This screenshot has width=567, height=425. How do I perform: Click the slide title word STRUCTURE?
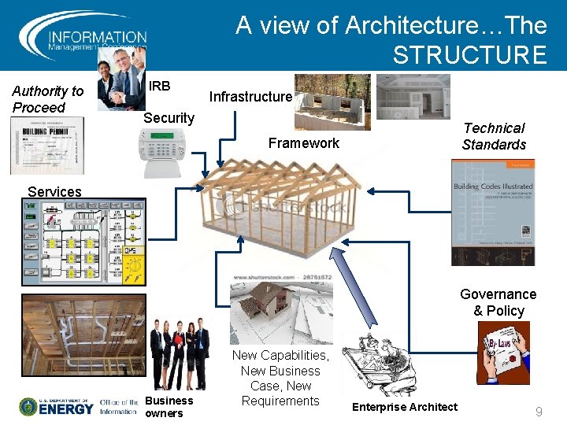(x=469, y=55)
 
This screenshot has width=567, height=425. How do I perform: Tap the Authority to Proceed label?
(x=47, y=99)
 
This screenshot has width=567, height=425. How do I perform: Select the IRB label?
(x=160, y=85)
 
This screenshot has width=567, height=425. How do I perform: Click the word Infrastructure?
(x=250, y=97)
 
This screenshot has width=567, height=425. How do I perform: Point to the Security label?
(x=169, y=118)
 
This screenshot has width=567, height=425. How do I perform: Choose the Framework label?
(x=303, y=142)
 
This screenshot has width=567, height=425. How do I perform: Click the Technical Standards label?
(x=494, y=136)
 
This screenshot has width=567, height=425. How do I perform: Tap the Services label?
(x=54, y=191)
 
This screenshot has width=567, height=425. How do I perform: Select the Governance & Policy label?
(x=498, y=302)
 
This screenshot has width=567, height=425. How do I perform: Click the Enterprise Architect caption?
(x=404, y=407)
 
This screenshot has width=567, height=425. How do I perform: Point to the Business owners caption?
(x=169, y=406)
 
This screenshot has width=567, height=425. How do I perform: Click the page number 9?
(x=539, y=412)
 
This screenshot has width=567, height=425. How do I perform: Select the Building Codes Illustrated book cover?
(x=492, y=213)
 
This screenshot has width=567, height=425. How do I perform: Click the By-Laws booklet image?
(x=503, y=352)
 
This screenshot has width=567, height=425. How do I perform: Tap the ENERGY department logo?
(x=57, y=406)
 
